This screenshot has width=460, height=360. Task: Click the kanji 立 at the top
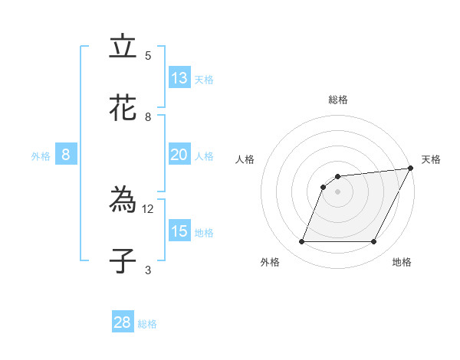pos(123,47)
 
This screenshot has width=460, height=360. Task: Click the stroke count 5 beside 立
pos(148,56)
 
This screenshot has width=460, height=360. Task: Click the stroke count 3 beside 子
pos(148,270)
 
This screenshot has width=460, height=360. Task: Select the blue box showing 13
pos(179,78)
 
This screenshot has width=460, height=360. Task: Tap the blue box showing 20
pos(179,155)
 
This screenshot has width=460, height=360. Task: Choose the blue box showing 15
pos(179,231)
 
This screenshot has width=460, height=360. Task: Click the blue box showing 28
pos(123,322)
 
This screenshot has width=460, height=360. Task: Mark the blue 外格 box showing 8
pos(66,155)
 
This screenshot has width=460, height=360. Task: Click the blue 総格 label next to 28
pos(147,324)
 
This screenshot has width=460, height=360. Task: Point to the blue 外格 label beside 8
pos(41,156)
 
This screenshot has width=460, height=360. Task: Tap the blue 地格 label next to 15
pos(204,233)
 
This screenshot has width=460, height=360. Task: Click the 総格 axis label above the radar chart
pos(337,100)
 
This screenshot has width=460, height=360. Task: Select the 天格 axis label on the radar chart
pos(431,159)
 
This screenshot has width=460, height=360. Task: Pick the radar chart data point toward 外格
pos(301,241)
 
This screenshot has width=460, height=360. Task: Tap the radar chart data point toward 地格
pos(374,241)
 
